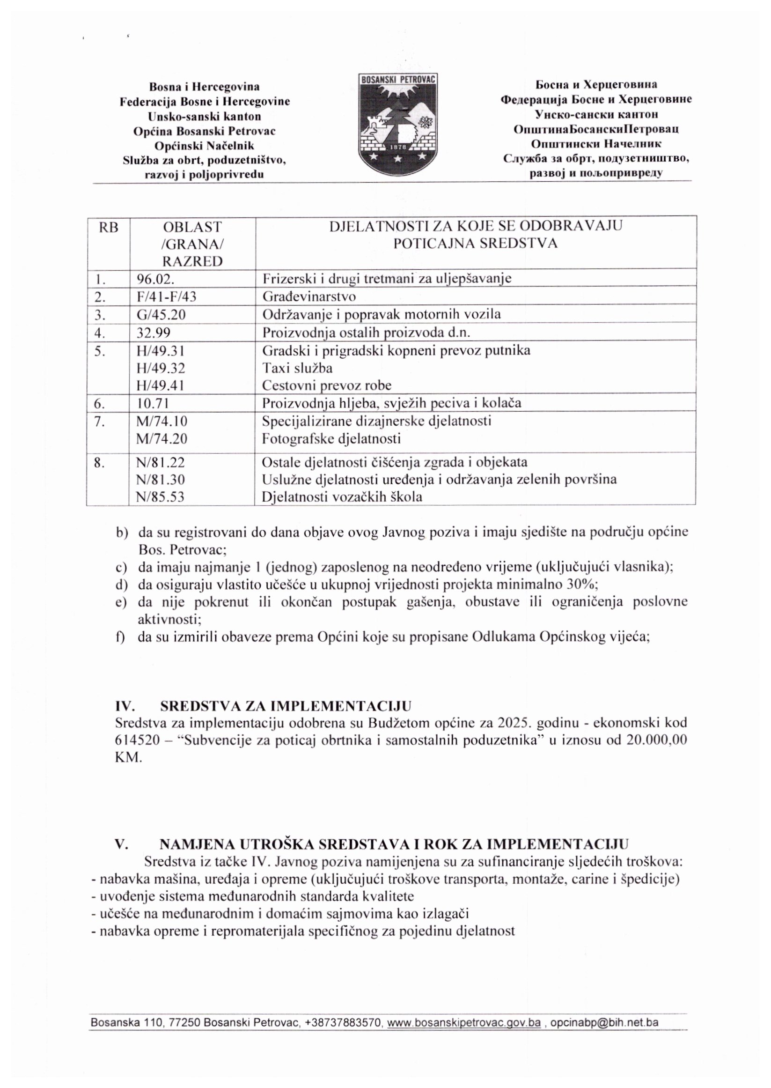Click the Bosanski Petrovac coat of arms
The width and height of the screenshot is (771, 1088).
click(x=398, y=125)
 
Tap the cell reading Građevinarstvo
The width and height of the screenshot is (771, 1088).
click(x=309, y=297)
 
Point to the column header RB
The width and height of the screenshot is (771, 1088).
click(x=108, y=228)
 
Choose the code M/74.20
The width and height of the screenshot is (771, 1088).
click(x=162, y=438)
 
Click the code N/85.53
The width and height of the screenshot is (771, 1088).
click(x=160, y=497)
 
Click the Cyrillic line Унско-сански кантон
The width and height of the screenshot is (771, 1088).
click(x=596, y=114)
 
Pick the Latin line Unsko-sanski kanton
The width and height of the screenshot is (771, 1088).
click(x=205, y=116)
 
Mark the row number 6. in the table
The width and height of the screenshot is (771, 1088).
click(x=99, y=403)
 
